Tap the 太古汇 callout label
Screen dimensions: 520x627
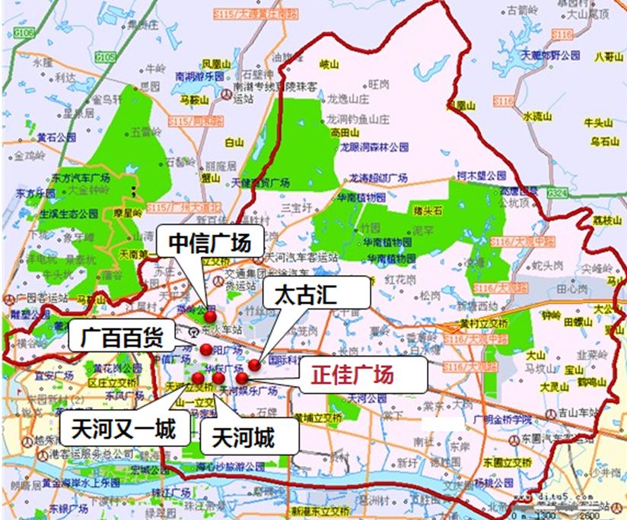point(315,294)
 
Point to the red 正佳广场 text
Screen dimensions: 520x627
point(356,376)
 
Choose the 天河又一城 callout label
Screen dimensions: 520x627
point(123,429)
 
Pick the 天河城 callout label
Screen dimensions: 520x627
point(243,437)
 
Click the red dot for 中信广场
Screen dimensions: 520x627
point(210,316)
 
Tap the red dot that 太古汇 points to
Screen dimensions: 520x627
point(254,365)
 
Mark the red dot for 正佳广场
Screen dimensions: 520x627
point(242,377)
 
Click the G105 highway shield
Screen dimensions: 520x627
point(107,57)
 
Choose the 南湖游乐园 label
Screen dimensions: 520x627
point(199,77)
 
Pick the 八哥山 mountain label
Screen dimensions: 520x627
point(609,55)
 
